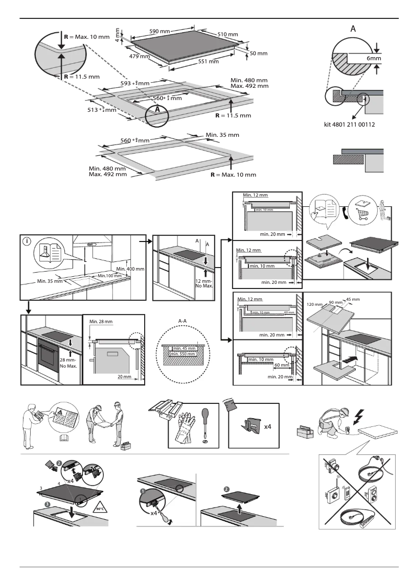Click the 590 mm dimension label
click(x=160, y=31)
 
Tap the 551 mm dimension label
click(x=208, y=61)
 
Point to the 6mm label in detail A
click(x=374, y=59)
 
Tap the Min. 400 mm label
click(x=130, y=269)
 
